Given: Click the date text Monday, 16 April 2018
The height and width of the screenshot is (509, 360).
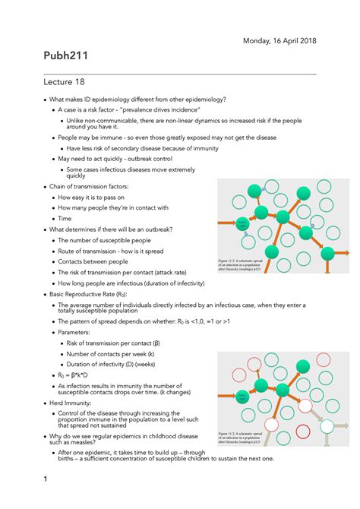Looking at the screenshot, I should coord(279,40).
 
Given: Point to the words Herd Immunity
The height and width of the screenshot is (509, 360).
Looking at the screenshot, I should coord(74,403).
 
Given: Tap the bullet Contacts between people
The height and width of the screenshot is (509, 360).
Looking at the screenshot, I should coord(93,261).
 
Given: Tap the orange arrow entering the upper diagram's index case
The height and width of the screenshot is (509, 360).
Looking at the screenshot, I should coord(226,224).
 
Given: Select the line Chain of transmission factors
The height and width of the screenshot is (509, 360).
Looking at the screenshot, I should coord(89,186).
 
